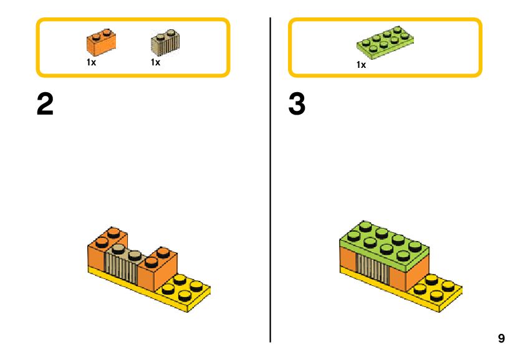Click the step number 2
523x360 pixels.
tap(46, 105)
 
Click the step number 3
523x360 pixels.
tap(297, 105)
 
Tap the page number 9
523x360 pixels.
tap(501, 339)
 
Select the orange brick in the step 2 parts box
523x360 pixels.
tap(102, 42)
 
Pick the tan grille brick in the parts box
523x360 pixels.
tap(165, 43)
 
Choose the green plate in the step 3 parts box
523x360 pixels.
tap(386, 43)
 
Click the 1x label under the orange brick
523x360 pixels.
tap(91, 62)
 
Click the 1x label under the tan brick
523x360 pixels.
tap(155, 62)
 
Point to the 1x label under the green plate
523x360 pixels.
tap(361, 65)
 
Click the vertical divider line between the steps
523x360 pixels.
tap(271, 187)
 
